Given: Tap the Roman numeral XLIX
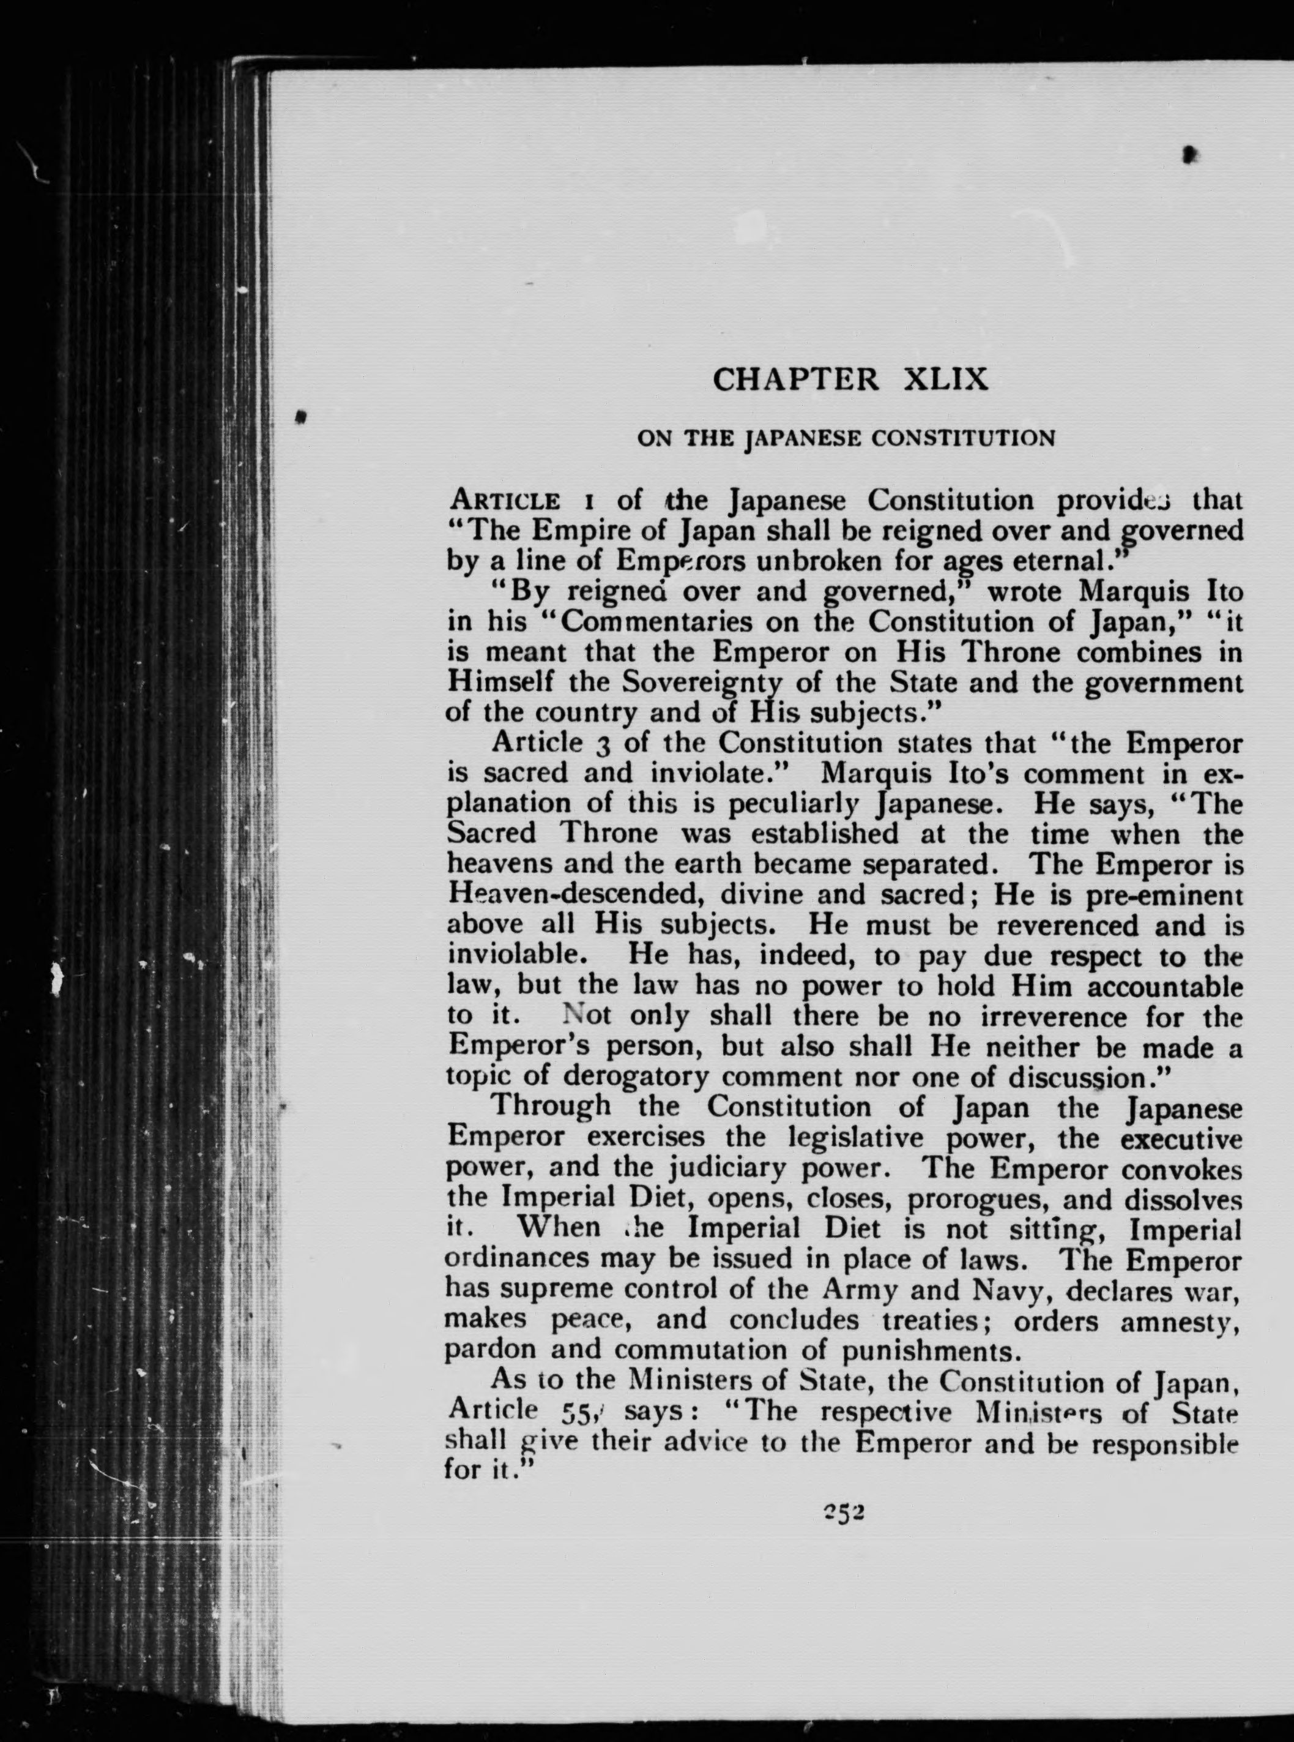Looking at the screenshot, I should [x=945, y=380].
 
